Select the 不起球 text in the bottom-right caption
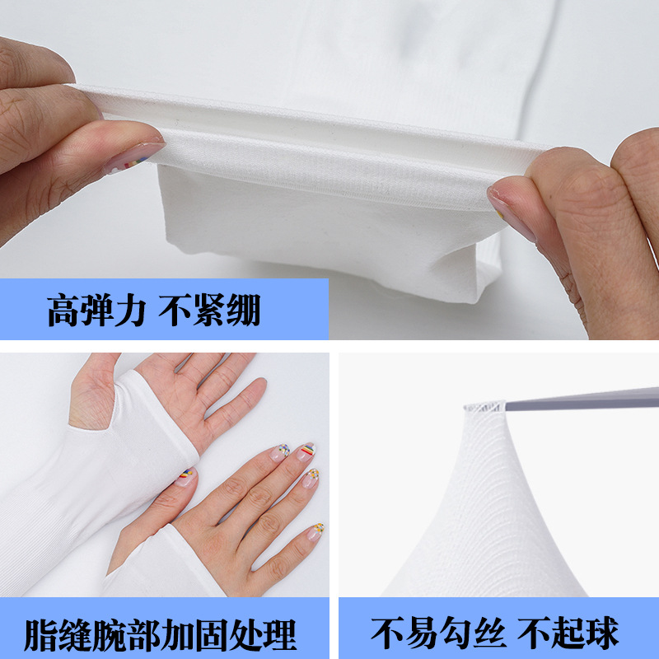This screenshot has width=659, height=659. pyautogui.click(x=568, y=633)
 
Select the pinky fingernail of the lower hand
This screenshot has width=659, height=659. pyautogui.click(x=316, y=531)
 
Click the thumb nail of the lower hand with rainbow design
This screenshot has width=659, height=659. pyautogui.click(x=186, y=476)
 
